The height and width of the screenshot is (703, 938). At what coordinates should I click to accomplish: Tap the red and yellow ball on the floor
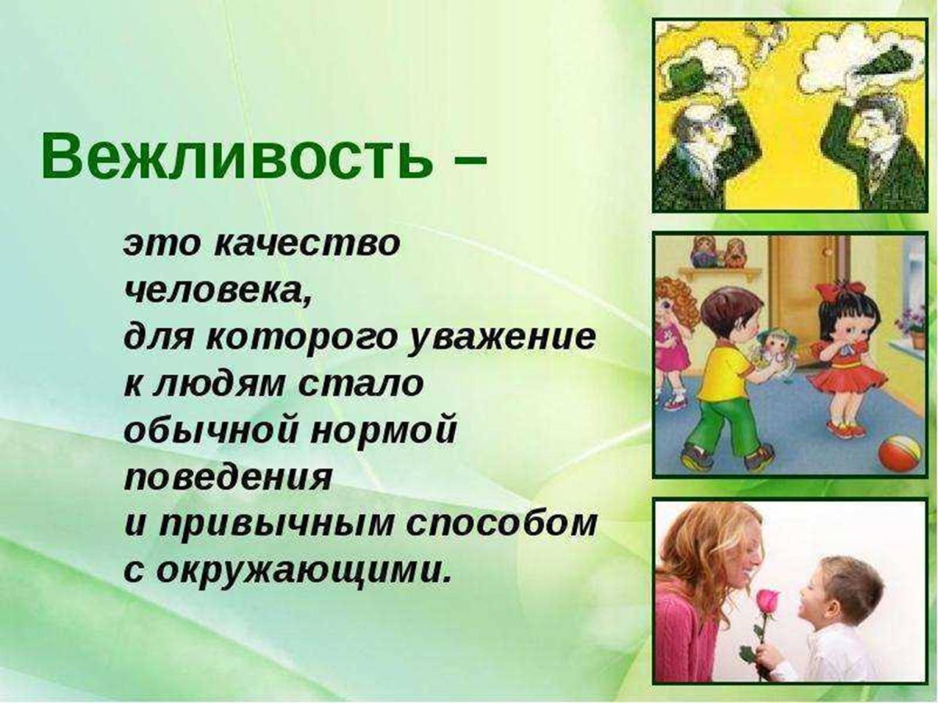pos(898,454)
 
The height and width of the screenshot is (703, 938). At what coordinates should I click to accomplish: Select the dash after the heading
pos(467,159)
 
